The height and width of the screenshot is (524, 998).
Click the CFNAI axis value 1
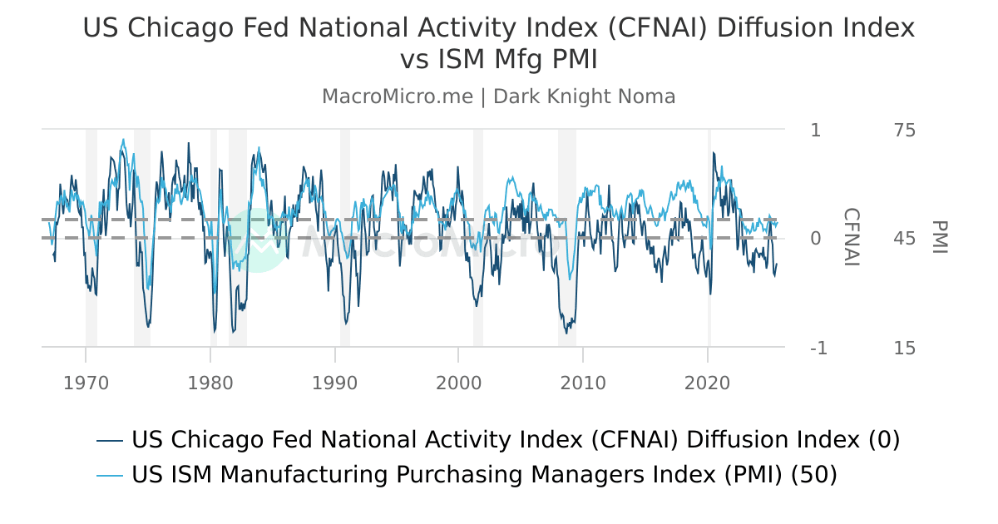click(x=815, y=131)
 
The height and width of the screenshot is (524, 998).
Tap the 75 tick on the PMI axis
click(x=905, y=131)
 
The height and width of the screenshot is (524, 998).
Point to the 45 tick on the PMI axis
click(x=905, y=239)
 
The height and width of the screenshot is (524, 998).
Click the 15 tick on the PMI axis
click(x=905, y=349)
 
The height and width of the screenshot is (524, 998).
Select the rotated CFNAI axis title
click(x=851, y=238)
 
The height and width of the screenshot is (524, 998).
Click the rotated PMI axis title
click(x=939, y=238)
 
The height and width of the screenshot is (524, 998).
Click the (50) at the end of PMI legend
click(x=813, y=475)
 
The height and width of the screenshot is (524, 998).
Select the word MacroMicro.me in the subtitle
click(x=398, y=96)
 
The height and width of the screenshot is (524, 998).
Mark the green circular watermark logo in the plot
click(x=259, y=240)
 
